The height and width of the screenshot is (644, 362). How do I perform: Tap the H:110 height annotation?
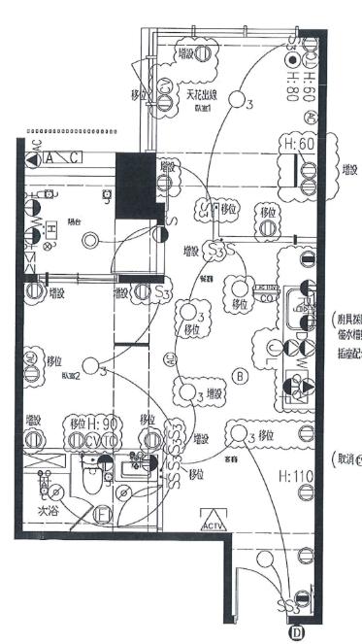(x=294, y=476)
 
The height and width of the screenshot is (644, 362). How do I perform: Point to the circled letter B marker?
(x=243, y=376)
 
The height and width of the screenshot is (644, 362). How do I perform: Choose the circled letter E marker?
(x=103, y=515)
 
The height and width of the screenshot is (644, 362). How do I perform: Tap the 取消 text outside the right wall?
(x=345, y=458)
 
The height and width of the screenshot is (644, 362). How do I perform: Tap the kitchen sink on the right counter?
(x=297, y=302)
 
